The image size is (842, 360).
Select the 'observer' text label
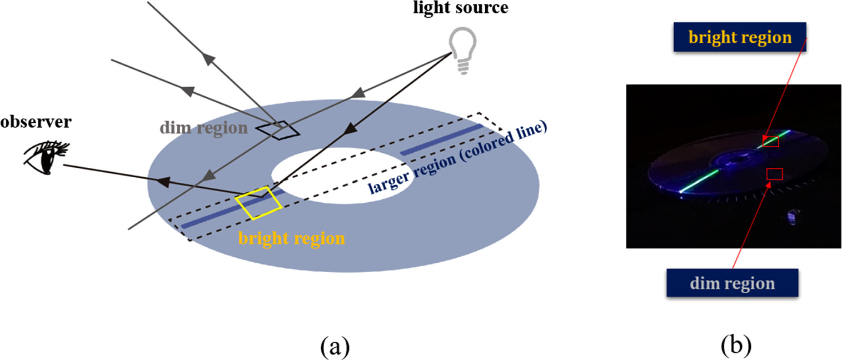pos(36,123)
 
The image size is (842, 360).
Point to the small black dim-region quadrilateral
pos(277,129)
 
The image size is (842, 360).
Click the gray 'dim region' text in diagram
pos(203,128)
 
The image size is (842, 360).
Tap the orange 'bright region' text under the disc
pos(291,238)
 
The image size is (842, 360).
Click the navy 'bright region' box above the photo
pos(740,37)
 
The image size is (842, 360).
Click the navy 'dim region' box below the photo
pos(732,283)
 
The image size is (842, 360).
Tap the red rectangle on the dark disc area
pos(774,174)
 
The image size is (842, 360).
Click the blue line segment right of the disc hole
pos(442,139)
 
